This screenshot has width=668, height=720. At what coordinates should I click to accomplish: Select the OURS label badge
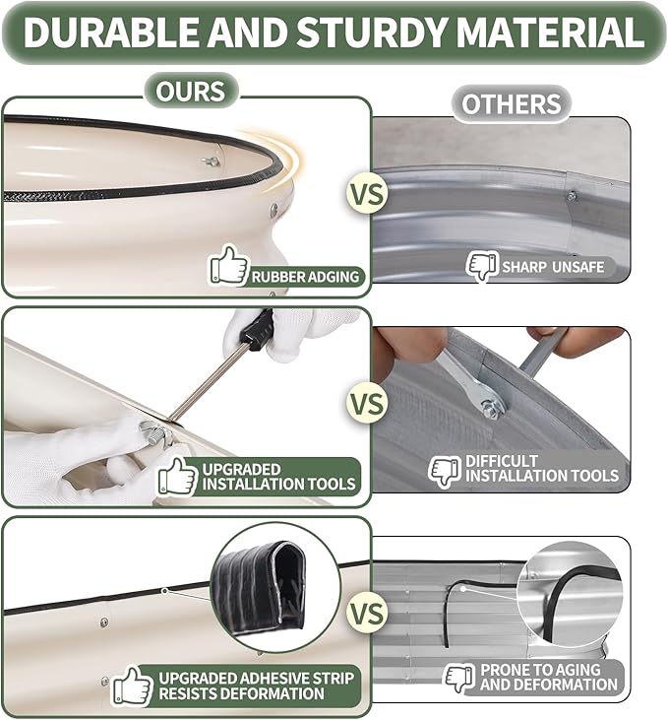191,91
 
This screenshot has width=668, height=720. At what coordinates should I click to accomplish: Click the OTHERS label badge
512,103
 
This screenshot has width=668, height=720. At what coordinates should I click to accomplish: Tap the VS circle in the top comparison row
368,194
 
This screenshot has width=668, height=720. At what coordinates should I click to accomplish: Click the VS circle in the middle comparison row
368,404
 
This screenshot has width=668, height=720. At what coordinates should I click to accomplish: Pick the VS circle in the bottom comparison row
368,614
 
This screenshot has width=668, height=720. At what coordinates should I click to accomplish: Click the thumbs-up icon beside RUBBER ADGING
229,265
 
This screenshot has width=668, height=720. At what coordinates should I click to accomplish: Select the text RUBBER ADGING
306,277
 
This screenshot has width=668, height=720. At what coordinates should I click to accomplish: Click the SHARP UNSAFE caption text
553,267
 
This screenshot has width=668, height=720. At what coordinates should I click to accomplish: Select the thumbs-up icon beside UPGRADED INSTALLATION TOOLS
178,477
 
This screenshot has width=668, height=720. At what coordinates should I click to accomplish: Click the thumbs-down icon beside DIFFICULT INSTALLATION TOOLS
445,472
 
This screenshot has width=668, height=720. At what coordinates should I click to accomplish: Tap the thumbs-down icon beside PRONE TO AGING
460,678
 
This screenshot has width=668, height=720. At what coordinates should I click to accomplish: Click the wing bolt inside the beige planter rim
212,161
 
